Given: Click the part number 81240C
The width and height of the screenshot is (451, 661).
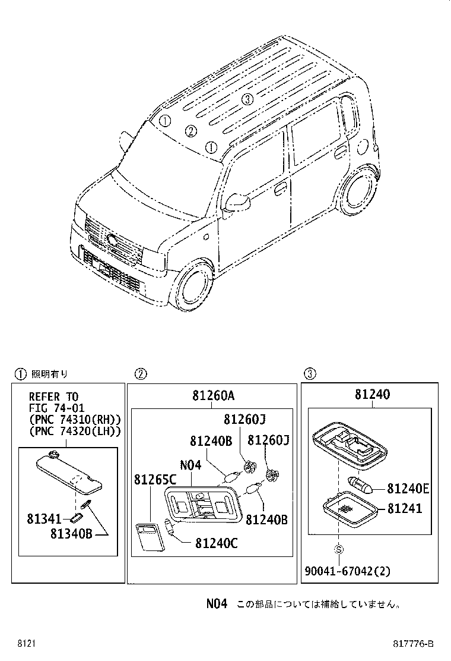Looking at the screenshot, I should pos(215,542).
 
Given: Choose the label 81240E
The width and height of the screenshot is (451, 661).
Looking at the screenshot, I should pos(408,489).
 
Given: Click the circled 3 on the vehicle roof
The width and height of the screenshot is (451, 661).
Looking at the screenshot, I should pos(248,99).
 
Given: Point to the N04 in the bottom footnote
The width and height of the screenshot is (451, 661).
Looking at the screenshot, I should pos(217,604).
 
